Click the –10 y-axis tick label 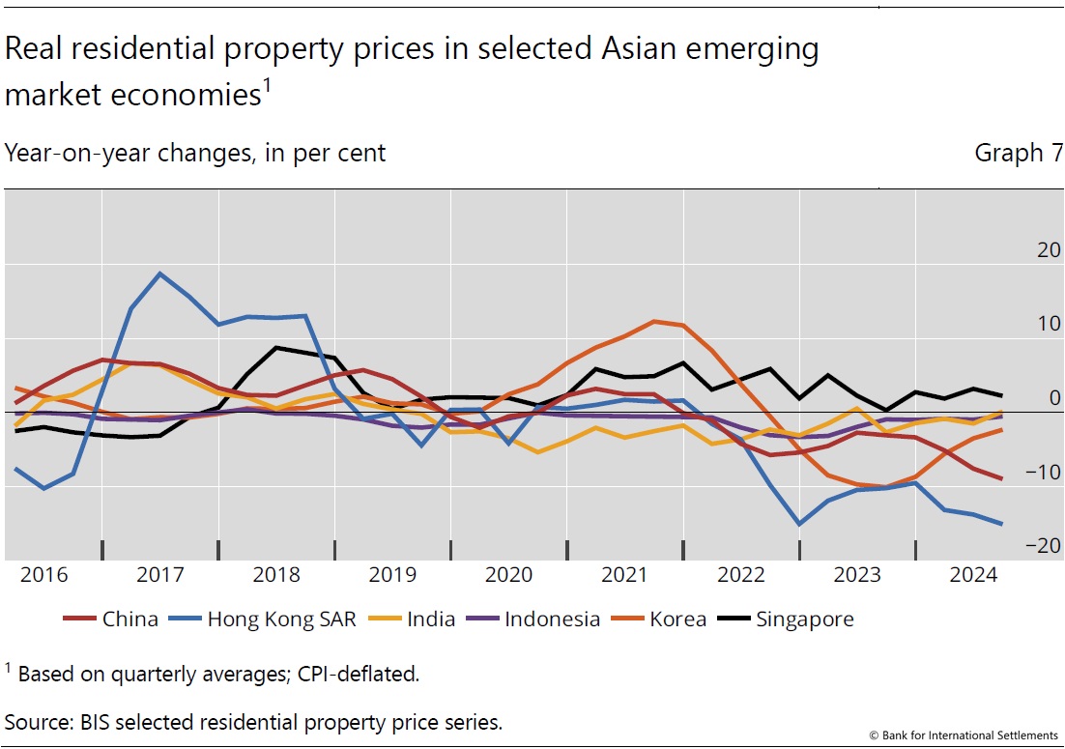[x=1044, y=473]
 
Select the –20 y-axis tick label [x=1044, y=546]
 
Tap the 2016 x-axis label [x=44, y=575]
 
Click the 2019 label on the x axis [x=392, y=575]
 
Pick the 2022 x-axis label [x=741, y=575]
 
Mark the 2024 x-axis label [x=973, y=575]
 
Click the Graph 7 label [x=1018, y=153]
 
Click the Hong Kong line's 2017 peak [x=160, y=274]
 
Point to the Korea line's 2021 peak [x=654, y=321]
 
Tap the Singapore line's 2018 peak [x=276, y=347]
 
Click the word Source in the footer [x=38, y=722]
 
